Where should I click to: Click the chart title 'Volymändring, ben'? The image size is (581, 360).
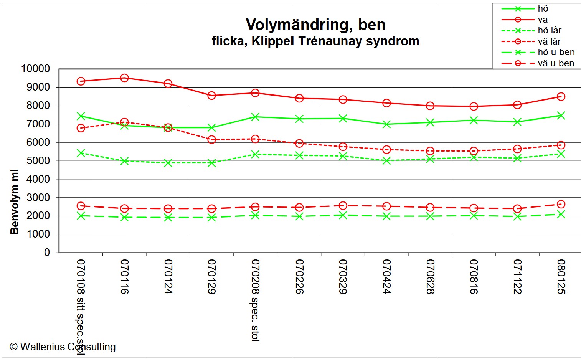pyautogui.click(x=315, y=25)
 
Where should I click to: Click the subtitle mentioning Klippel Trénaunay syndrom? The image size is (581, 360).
pyautogui.click(x=315, y=41)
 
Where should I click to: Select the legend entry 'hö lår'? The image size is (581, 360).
pyautogui.click(x=549, y=30)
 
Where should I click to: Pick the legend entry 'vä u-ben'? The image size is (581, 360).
pyautogui.click(x=556, y=63)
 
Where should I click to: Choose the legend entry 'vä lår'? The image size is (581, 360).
pyautogui.click(x=549, y=41)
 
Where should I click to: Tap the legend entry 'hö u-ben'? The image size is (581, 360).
pyautogui.click(x=556, y=52)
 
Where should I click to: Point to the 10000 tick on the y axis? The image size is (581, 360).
pyautogui.click(x=35, y=69)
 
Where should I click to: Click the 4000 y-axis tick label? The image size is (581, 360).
pyautogui.click(x=38, y=179)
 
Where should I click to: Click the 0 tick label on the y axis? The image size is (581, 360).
pyautogui.click(x=47, y=253)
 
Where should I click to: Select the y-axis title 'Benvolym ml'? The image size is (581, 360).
pyautogui.click(x=15, y=201)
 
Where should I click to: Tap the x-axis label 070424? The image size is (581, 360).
pyautogui.click(x=387, y=277)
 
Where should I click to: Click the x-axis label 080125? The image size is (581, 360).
pyautogui.click(x=561, y=277)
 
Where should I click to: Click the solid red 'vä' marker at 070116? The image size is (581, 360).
pyautogui.click(x=124, y=78)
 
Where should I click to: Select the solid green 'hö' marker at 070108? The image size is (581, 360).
pyautogui.click(x=81, y=116)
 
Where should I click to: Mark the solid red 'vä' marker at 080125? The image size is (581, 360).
pyautogui.click(x=561, y=97)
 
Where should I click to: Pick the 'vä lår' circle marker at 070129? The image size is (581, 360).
pyautogui.click(x=211, y=140)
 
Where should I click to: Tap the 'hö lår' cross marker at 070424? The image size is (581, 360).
pyautogui.click(x=386, y=161)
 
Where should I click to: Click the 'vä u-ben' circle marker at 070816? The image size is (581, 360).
pyautogui.click(x=474, y=208)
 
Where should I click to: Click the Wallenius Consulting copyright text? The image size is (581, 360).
pyautogui.click(x=63, y=347)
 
